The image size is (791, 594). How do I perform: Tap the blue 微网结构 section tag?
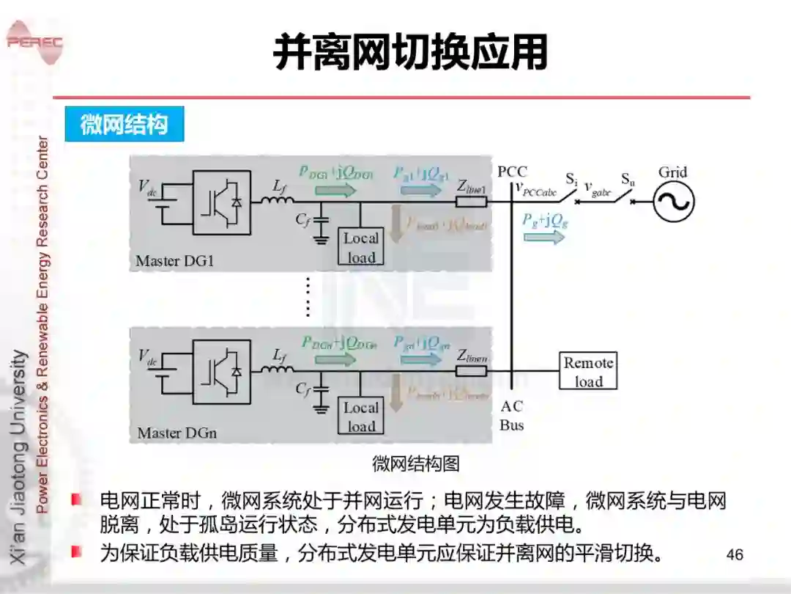124,125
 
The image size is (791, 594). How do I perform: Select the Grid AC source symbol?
673,201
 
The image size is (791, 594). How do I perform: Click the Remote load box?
588,372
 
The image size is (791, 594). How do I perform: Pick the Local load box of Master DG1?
361,247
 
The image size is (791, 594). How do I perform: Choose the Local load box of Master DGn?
361,417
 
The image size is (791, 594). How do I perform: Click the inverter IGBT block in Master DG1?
222,202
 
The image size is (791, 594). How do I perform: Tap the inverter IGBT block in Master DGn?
222,373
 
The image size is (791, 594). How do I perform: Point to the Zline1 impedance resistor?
471,200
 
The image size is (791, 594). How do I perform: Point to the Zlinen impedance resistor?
471,370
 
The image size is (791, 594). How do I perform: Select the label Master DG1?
175,261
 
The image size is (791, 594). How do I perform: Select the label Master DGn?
177,433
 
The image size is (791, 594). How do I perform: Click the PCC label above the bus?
512,172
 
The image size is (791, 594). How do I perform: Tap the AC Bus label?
512,416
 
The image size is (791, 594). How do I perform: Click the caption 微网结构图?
415,463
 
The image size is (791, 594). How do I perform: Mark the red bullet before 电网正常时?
76,500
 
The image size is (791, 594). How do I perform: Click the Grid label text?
672,172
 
